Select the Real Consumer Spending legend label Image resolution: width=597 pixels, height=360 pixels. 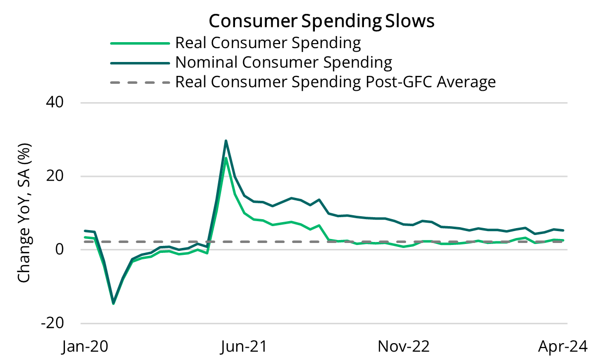(268, 43)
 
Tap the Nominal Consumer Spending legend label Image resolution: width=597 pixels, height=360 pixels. (284, 62)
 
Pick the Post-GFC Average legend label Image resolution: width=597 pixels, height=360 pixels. (335, 81)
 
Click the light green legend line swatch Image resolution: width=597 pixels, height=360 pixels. (139, 43)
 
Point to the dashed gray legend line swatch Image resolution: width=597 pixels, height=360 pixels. (139, 82)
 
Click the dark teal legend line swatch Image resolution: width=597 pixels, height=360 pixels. (139, 62)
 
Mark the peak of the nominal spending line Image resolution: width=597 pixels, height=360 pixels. (226, 141)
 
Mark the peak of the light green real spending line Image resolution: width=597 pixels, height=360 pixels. (226, 158)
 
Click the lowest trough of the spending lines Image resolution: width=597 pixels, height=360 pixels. (114, 303)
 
